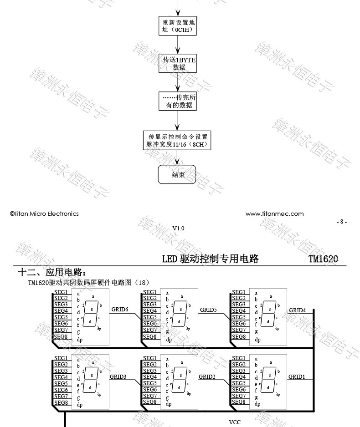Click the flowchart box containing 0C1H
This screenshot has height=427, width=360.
177,26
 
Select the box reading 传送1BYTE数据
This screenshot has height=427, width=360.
177,64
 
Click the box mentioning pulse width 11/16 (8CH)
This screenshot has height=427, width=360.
177,141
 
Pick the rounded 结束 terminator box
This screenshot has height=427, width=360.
177,175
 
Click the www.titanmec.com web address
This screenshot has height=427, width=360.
274,213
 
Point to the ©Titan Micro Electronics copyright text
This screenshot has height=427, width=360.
44,213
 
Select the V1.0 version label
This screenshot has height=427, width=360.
178,228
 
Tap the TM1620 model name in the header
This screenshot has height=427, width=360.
323,259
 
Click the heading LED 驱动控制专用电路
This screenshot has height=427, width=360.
211,259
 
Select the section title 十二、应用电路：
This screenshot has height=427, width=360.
51,272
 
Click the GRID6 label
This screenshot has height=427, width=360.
120,310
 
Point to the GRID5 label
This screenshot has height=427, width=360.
208,310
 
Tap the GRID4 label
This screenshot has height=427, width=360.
297,310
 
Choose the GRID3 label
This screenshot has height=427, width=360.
118,376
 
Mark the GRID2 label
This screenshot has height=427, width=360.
207,376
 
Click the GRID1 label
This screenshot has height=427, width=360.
297,376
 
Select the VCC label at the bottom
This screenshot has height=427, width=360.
234,422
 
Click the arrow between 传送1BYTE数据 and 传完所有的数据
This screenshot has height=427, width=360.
178,82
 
